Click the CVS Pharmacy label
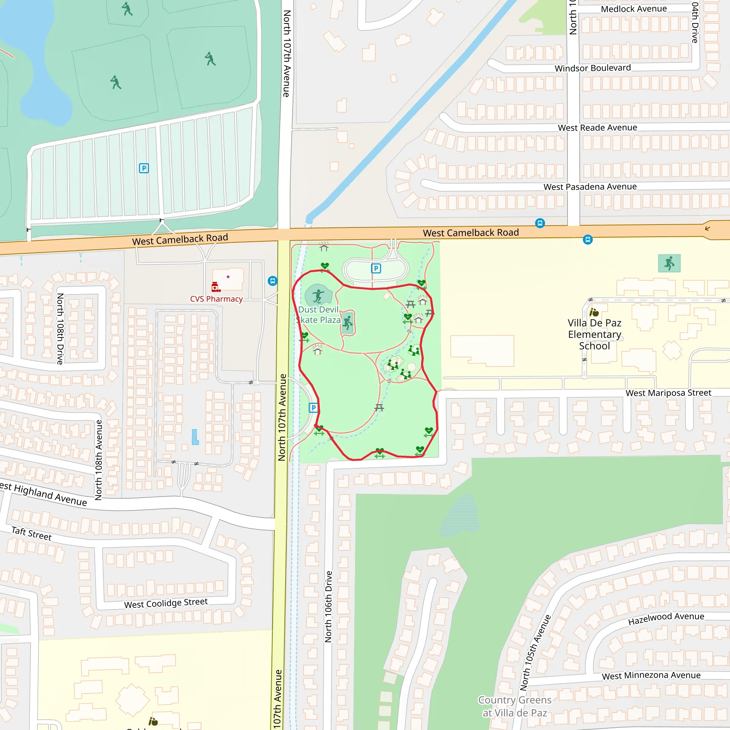(216, 299)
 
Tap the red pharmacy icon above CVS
(216, 287)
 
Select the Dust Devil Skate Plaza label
(319, 315)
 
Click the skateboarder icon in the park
(318, 296)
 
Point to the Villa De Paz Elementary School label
(594, 334)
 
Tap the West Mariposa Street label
(668, 393)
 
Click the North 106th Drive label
(328, 606)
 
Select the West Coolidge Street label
(166, 603)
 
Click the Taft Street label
(31, 534)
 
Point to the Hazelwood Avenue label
(666, 618)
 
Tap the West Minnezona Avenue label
(651, 675)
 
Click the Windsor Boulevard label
(592, 68)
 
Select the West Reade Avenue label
(597, 128)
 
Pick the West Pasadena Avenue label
(590, 187)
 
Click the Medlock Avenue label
(634, 9)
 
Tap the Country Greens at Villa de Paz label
(515, 706)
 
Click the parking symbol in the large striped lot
(144, 168)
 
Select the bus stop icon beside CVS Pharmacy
(272, 281)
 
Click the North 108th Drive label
(60, 329)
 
